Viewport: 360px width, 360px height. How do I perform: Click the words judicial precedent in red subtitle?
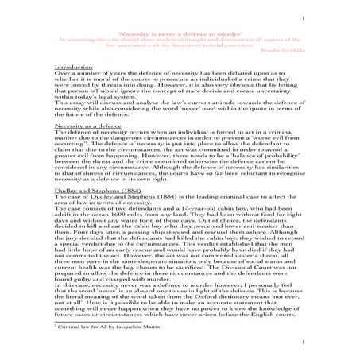(x=250, y=44)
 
